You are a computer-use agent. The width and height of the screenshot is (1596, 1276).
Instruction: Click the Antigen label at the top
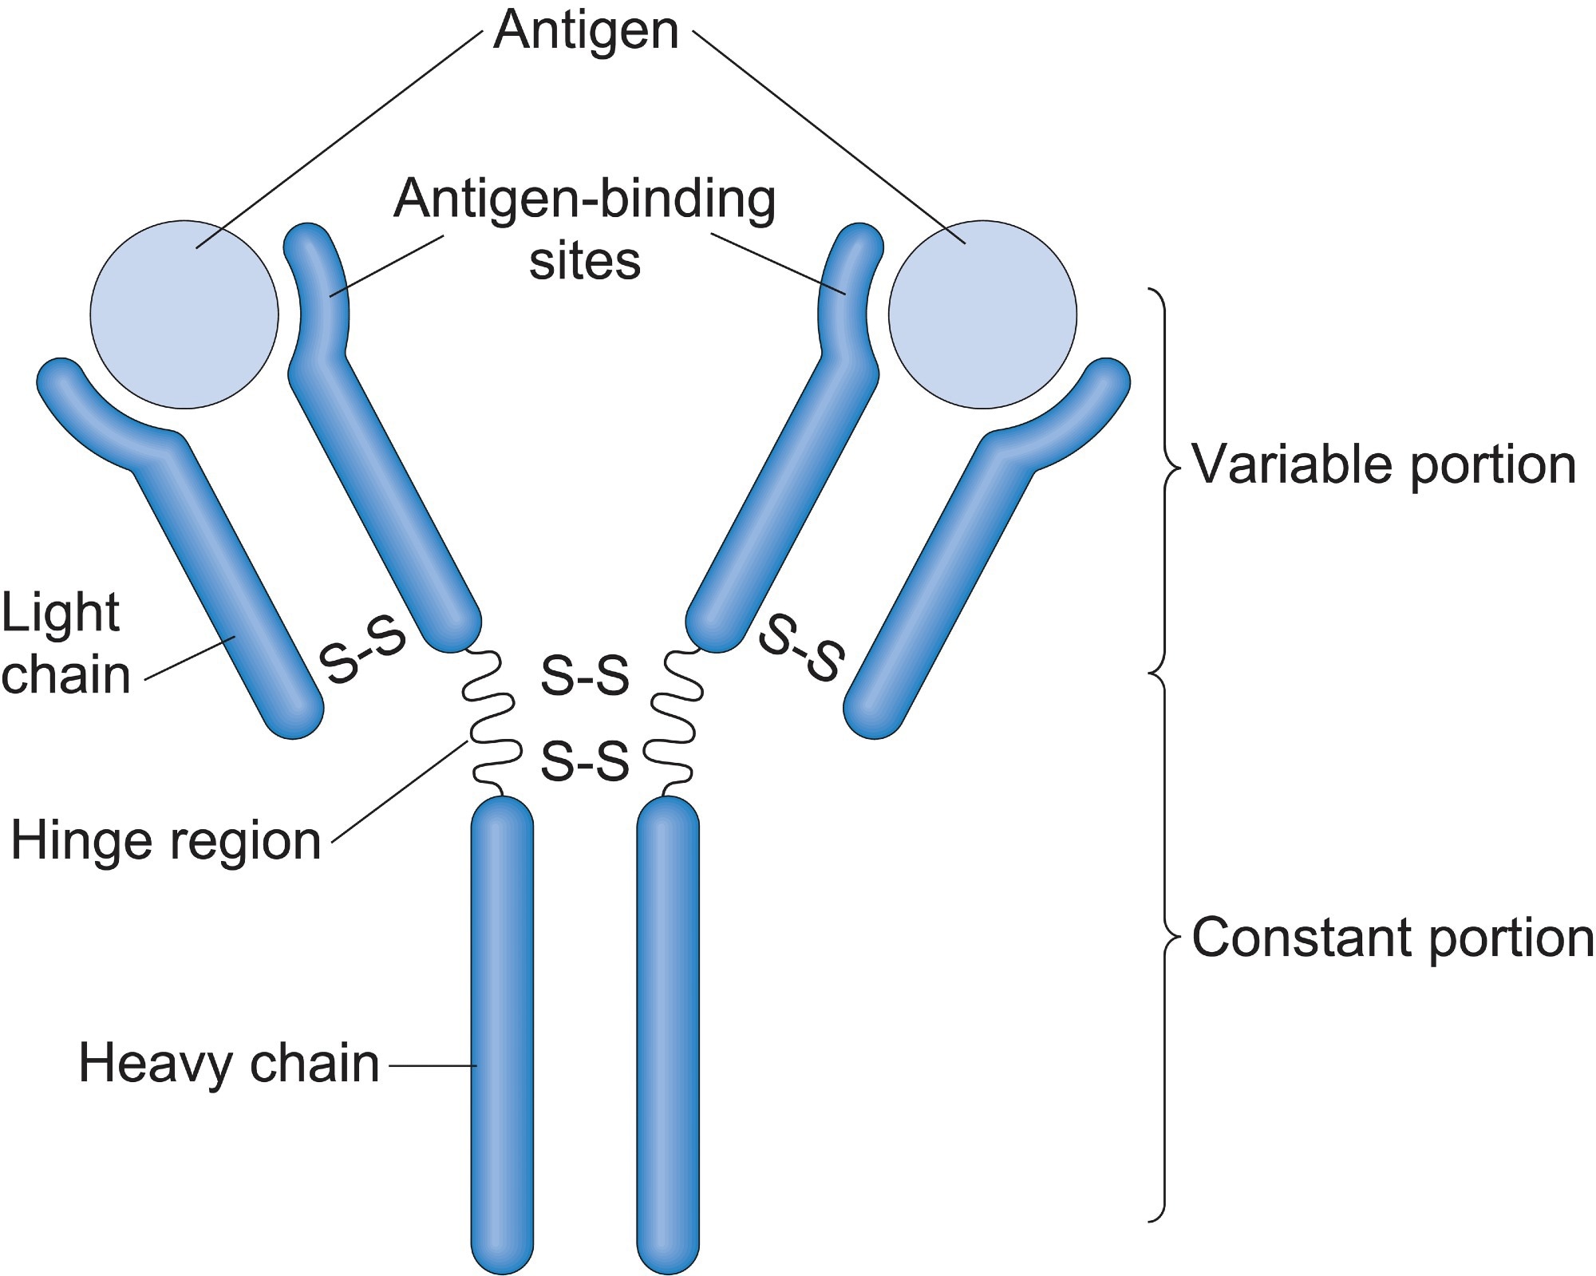pos(586,32)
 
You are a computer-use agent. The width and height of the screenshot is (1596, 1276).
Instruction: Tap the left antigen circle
pos(184,315)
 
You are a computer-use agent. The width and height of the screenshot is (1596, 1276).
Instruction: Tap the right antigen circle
pos(982,315)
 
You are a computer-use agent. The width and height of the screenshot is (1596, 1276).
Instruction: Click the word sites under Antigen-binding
pos(585,262)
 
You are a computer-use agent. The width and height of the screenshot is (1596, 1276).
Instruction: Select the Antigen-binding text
pos(585,199)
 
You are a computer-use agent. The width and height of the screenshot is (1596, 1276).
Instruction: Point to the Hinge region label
pos(166,841)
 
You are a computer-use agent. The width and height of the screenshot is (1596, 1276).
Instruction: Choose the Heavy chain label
pos(229,1064)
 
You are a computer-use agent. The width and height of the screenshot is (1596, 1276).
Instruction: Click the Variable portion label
pos(1384,464)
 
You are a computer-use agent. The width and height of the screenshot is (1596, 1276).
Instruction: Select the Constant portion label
pos(1392,938)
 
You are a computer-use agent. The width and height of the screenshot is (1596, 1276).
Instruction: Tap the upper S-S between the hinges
pos(585,675)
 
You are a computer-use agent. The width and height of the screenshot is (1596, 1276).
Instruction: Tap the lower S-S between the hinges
pos(585,760)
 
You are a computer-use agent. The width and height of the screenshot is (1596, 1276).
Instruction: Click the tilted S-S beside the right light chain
pos(801,649)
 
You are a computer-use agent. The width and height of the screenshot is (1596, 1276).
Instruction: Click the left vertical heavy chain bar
pos(502,1037)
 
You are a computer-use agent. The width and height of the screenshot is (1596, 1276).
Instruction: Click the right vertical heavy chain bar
pos(668,1037)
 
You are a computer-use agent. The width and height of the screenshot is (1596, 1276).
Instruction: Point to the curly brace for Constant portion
pos(1165,942)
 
